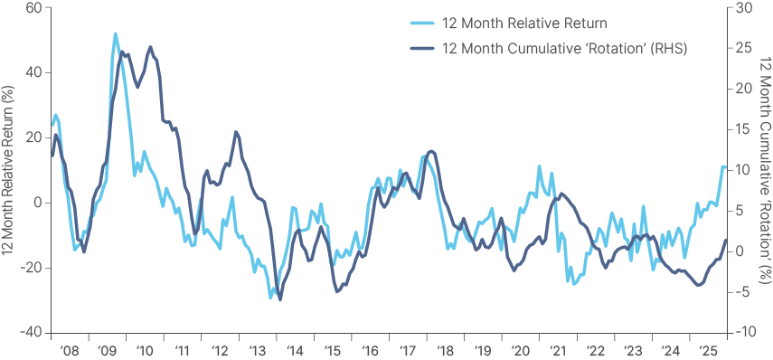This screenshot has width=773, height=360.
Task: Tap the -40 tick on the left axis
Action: [32, 332]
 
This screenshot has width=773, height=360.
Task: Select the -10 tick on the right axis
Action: [745, 332]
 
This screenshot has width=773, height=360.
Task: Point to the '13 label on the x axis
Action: [256, 350]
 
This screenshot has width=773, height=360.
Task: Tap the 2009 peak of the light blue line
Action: [116, 34]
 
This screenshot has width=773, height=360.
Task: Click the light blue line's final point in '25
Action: [724, 167]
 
